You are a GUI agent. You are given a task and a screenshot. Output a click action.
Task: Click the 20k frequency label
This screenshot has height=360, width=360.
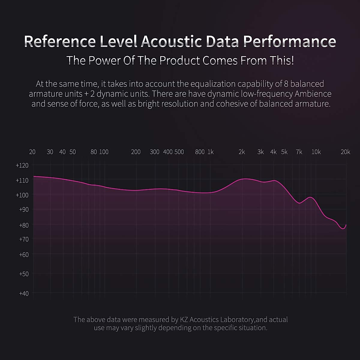tap(345, 152)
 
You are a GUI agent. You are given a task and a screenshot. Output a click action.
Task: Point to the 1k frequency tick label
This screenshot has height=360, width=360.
tap(211, 152)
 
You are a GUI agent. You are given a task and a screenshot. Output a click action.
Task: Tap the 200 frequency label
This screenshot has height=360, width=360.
tap(136, 152)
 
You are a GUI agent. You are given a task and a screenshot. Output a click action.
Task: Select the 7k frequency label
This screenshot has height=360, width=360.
tap(299, 152)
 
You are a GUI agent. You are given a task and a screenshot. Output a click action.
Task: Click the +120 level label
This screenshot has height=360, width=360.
tap(22, 165)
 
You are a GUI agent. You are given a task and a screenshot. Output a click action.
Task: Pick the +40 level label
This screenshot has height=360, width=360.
tap(24, 293)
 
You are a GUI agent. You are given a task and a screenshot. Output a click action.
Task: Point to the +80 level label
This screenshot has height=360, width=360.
tap(24, 225)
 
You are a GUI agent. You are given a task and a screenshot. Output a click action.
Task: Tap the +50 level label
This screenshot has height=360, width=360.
tap(24, 274)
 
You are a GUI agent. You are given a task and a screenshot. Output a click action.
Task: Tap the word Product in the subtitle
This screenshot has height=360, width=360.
tap(179, 61)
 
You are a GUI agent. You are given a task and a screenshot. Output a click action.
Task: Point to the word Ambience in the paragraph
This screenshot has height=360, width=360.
tap(313, 94)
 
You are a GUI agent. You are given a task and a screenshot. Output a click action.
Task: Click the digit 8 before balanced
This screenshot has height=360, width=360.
tap(286, 84)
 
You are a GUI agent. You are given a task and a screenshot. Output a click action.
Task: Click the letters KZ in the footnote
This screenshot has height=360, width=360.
tap(184, 319)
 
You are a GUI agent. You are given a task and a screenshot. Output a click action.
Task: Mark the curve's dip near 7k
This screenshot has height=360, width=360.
tap(299, 203)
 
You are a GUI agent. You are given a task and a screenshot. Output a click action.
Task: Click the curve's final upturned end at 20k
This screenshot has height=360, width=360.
tap(346, 225)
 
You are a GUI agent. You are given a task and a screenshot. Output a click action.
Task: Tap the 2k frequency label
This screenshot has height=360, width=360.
tap(242, 152)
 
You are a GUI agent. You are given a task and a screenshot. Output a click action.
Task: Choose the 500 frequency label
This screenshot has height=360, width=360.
tap(179, 152)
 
